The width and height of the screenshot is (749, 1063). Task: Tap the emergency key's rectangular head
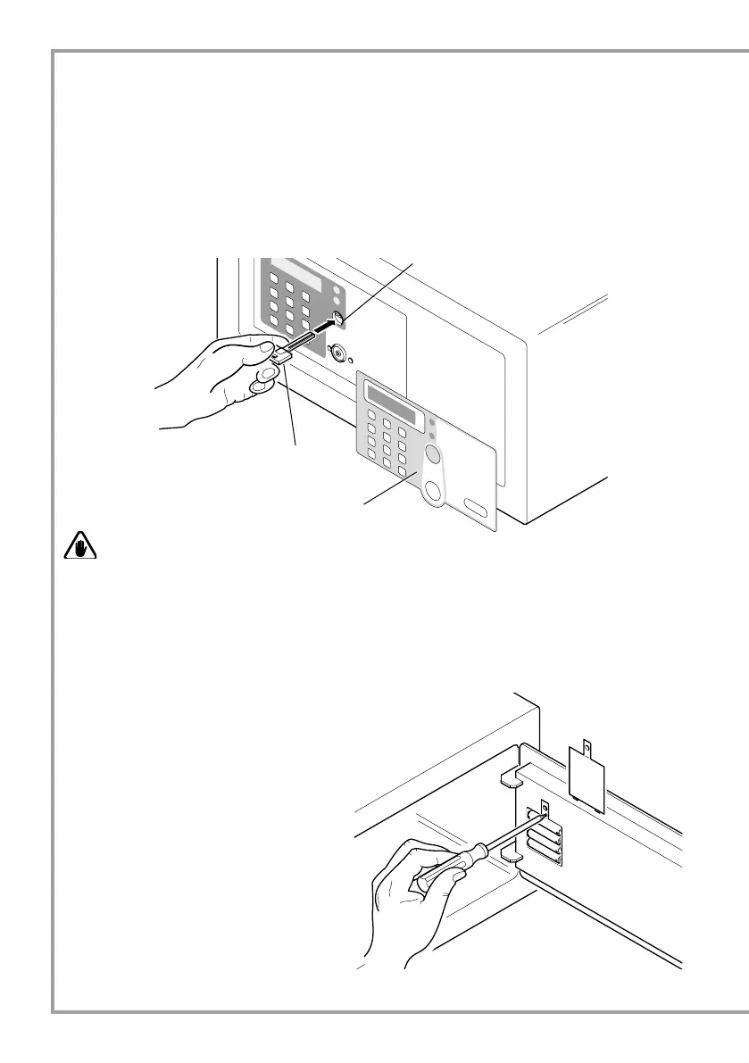point(279,355)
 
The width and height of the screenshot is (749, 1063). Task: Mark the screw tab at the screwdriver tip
point(545,810)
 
